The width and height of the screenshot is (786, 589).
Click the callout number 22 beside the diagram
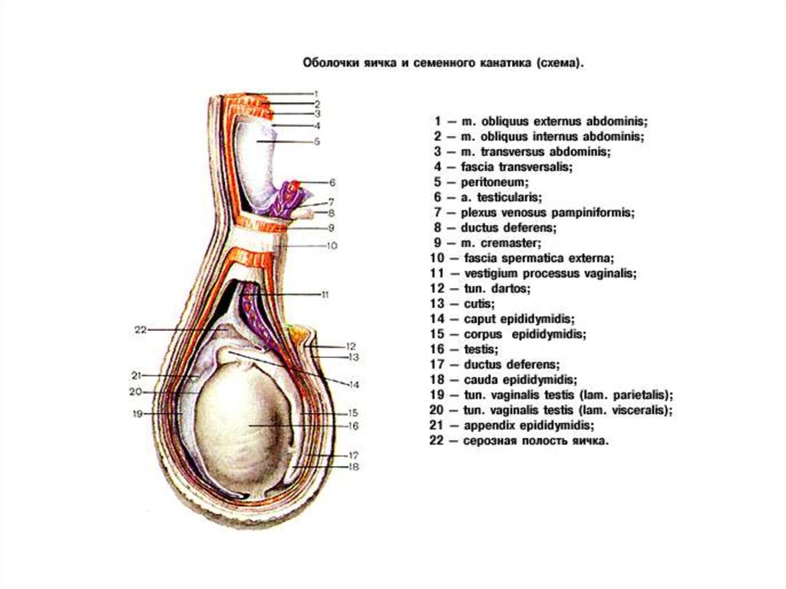[x=139, y=330]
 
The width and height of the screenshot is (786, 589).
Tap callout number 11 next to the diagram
[x=325, y=294]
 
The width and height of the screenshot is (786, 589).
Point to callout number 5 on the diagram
[x=316, y=141]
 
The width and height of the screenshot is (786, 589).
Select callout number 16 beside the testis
[x=354, y=425]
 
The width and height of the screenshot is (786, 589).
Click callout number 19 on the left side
[x=138, y=413]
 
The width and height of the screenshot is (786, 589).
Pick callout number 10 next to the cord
[x=332, y=246]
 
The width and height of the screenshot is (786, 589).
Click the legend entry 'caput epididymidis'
[x=519, y=319]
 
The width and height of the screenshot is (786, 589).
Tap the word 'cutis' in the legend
[x=478, y=303]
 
